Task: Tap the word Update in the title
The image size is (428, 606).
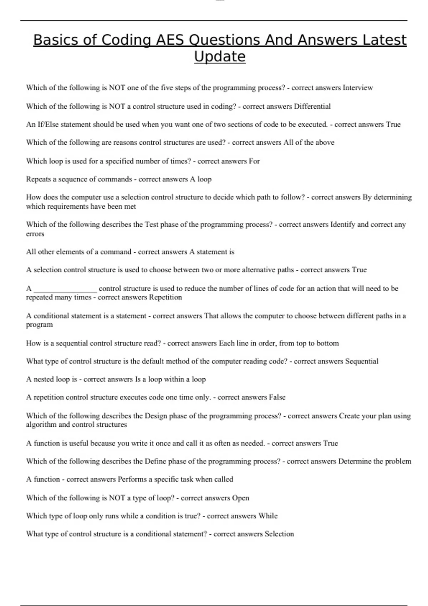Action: [x=220, y=57]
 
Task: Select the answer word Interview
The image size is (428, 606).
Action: [x=358, y=88]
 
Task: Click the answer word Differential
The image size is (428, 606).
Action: [x=312, y=106]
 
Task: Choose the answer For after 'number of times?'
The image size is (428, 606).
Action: [x=254, y=161]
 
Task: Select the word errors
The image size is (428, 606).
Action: [x=35, y=234]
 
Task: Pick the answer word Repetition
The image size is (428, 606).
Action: [x=165, y=297]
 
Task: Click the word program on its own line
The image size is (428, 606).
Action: [x=39, y=325]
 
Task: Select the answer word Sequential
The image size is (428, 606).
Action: [x=362, y=361]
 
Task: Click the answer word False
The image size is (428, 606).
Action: [x=277, y=397]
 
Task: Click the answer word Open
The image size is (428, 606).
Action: [x=240, y=498]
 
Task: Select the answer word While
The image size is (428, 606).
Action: [x=268, y=516]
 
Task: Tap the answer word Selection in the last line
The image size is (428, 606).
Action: [x=279, y=534]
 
